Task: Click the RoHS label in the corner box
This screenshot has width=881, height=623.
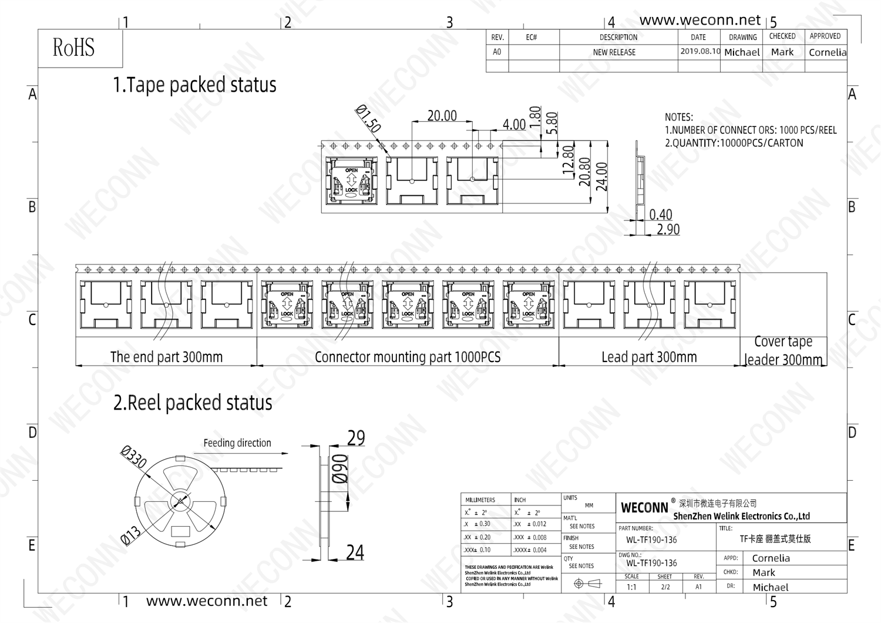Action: coord(73,48)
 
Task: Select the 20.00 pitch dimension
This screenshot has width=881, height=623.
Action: coord(442,116)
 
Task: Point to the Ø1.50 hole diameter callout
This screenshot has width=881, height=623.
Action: coord(368,119)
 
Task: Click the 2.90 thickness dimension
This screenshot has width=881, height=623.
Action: coord(668,229)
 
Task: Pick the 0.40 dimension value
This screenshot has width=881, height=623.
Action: coord(660,215)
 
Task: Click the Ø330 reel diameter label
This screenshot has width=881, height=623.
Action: coord(134,457)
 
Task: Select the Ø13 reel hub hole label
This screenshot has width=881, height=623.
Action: coord(130,535)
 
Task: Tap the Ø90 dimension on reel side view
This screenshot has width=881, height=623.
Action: coord(341,468)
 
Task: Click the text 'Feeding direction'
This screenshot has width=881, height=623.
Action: coord(237,443)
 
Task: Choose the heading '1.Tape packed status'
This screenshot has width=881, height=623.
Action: coord(194,85)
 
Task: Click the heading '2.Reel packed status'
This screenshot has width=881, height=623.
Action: coord(193,403)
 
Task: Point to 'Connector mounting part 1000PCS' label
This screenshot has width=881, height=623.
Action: coord(408,357)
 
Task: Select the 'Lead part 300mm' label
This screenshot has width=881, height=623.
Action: coord(649,357)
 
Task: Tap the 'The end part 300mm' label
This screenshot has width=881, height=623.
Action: coord(166,357)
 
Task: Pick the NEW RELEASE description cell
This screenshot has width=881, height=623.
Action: coord(614,52)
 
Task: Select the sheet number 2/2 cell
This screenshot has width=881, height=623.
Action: coord(665,587)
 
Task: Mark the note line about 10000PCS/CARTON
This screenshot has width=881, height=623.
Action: coord(734,143)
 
